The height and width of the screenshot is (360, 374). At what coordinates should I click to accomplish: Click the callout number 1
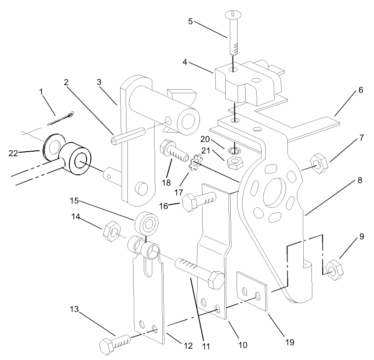point(42,92)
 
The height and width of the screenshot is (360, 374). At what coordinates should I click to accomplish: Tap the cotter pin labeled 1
point(62,119)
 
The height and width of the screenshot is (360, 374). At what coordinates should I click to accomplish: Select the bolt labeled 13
point(115,342)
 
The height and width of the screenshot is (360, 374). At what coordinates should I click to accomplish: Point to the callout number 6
point(360,90)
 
